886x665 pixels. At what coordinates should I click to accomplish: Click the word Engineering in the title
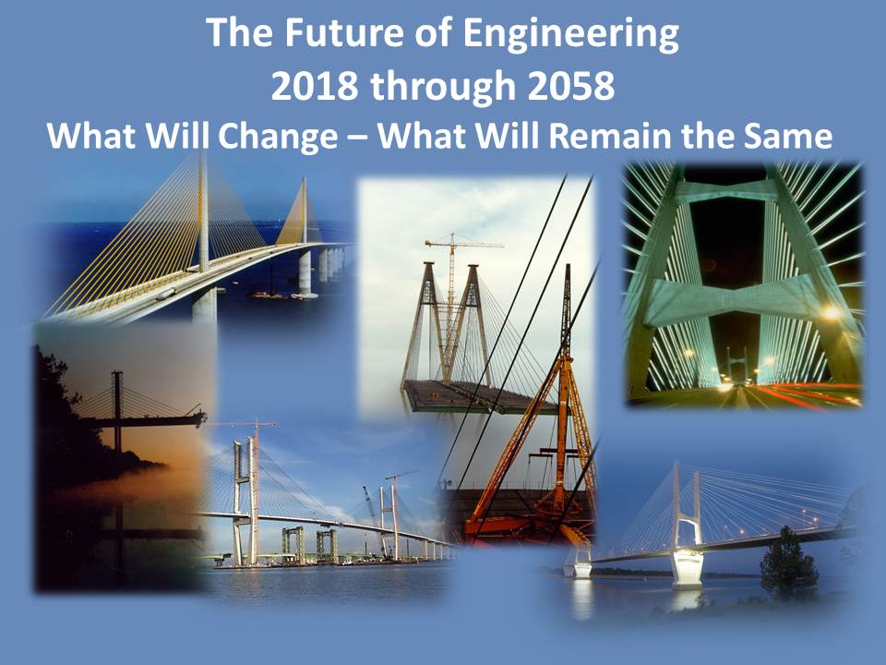pyautogui.click(x=570, y=34)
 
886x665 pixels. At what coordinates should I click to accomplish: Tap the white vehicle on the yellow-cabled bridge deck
pyautogui.click(x=166, y=294)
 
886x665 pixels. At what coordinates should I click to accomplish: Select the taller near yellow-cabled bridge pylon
pyautogui.click(x=203, y=237)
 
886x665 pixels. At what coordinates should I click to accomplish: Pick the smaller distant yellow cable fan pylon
pyautogui.click(x=305, y=237)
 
